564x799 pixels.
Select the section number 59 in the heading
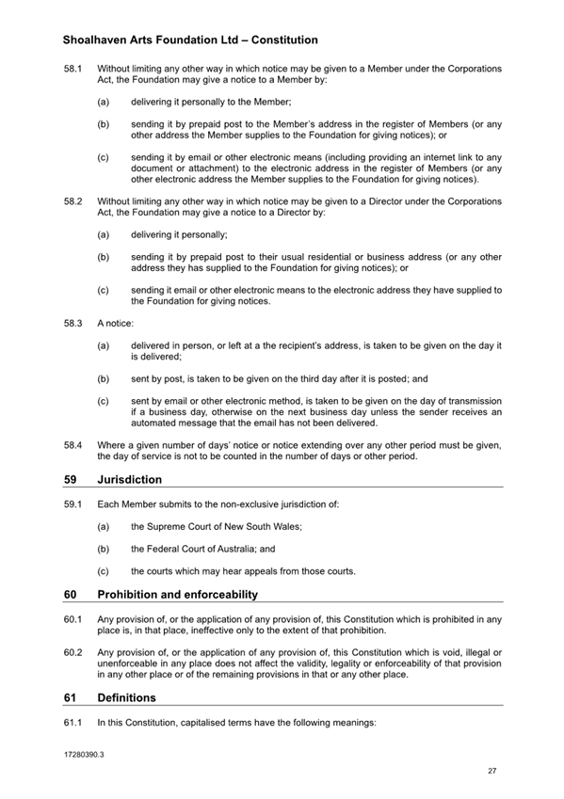click(x=71, y=479)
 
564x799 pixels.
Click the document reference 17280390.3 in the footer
click(x=84, y=755)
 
